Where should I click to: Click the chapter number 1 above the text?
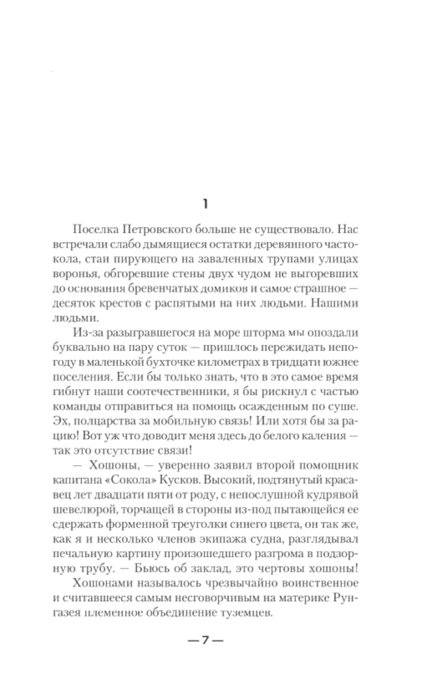pos(205,205)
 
